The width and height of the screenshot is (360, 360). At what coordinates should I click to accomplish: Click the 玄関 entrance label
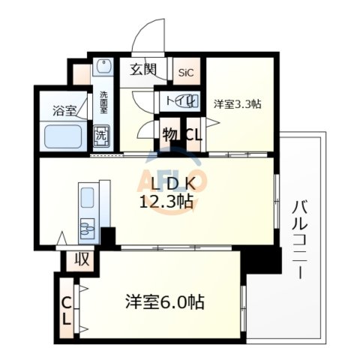pos(142,70)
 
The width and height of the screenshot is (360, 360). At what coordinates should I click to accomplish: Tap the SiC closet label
pos(184,73)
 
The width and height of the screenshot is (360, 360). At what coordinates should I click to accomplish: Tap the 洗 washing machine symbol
pos(100,136)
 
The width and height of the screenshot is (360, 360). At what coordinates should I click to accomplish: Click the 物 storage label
pos(169,136)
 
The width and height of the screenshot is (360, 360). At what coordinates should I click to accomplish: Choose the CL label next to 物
pos(192,136)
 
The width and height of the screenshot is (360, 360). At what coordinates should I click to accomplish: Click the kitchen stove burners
pos(86,225)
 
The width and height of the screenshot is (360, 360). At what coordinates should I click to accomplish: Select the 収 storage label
pos(80,261)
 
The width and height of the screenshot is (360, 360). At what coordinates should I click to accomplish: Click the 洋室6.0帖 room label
pos(164,302)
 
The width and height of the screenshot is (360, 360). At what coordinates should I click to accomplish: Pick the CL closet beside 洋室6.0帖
pos(67,309)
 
